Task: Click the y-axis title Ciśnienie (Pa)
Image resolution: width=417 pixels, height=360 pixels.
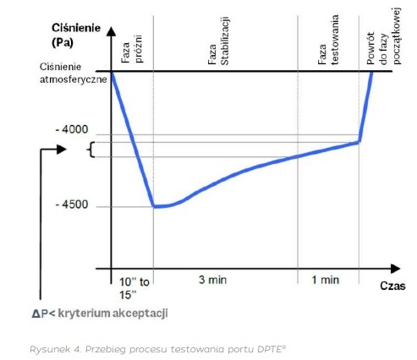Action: coord(76,35)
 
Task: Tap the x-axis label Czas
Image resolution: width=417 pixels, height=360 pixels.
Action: coord(392,286)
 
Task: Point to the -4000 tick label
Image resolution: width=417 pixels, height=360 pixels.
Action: coord(72,129)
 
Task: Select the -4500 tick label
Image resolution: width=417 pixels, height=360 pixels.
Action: coord(72,205)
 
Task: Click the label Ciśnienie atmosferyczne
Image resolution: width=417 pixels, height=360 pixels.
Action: coord(74,73)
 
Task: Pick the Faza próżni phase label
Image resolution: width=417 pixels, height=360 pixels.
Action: coord(132,49)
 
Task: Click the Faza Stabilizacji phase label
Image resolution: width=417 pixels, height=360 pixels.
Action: coord(218,41)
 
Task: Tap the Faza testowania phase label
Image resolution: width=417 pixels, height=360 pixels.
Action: coord(328,40)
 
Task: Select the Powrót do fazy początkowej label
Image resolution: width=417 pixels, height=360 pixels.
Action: coord(383,36)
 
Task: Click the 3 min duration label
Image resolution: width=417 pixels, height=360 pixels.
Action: coord(212,280)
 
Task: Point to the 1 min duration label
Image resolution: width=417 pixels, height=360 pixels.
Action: coord(325,280)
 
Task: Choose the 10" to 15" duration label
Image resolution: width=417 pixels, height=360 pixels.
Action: coord(134,288)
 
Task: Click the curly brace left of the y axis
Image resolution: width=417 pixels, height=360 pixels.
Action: coord(91,150)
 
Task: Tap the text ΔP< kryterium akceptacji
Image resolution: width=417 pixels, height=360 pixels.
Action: coord(100,314)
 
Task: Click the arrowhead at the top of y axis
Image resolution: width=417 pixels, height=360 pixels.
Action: coord(112,31)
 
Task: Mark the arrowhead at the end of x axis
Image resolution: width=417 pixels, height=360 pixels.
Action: coord(396,269)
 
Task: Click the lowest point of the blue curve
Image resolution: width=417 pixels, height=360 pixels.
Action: coord(155,206)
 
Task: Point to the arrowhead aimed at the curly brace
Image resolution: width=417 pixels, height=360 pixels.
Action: coord(62,150)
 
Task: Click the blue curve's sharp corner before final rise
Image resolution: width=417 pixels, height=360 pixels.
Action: coord(359,142)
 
